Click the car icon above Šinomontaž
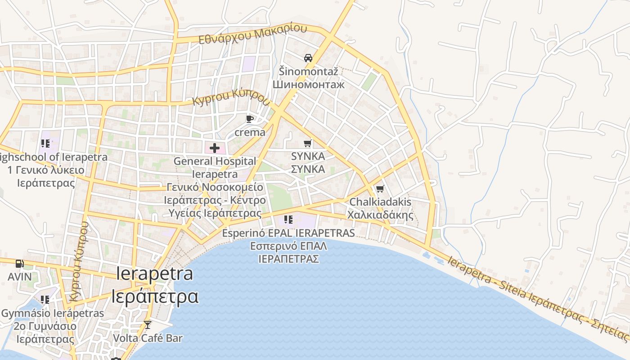point(308,58)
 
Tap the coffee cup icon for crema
point(250,119)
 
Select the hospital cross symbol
point(215,148)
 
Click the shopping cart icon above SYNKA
point(308,144)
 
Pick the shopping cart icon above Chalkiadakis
point(380,189)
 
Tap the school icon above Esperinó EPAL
point(288,220)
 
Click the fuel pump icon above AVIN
point(19,264)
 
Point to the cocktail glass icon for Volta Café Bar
point(148,325)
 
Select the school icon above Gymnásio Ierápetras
point(45,300)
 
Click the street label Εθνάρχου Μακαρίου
point(253,34)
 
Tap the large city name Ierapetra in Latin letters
point(155,274)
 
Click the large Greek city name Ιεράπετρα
point(155,297)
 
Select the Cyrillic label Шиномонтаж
point(308,84)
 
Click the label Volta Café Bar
point(148,338)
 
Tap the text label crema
point(250,132)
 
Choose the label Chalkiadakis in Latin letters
point(380,202)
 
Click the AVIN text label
point(20,276)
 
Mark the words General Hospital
point(215,161)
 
